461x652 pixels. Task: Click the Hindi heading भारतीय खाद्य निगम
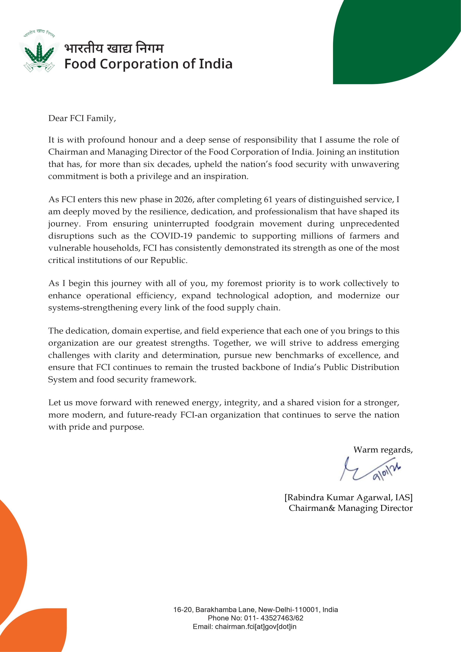(114, 48)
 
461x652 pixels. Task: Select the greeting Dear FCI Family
(82, 118)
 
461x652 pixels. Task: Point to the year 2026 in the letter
(183, 199)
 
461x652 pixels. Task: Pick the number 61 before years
(268, 199)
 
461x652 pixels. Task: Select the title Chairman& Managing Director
(350, 508)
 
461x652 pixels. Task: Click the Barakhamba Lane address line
(255, 610)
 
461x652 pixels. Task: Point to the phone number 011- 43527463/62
(274, 618)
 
